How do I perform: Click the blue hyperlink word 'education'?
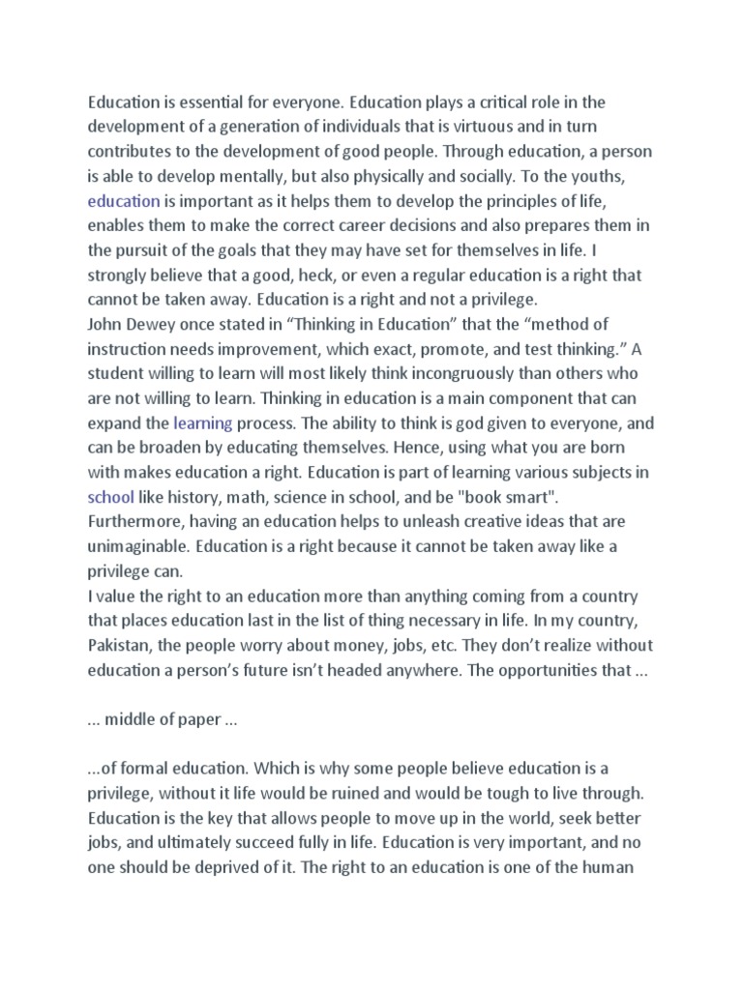124,200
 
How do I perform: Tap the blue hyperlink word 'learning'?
202,422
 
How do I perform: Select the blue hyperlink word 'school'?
109,497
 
